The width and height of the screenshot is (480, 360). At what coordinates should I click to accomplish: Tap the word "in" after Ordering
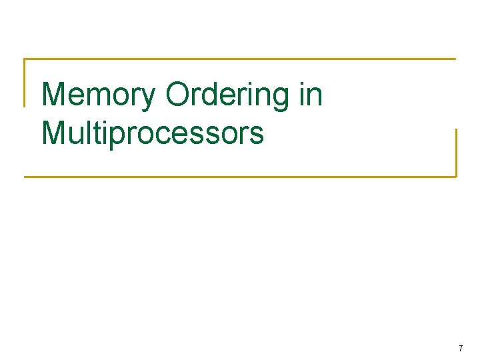point(311,95)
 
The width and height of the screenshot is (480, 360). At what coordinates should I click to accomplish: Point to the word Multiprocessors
point(153,133)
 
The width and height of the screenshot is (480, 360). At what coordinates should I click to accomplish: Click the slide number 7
point(460,349)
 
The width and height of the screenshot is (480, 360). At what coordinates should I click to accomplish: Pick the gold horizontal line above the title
point(240,59)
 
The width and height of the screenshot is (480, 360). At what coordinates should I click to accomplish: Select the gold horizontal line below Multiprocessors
point(240,177)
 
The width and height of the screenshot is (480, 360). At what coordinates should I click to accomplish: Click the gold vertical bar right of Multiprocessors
point(456,152)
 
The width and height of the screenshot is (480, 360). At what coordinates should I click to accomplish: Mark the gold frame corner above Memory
point(25,59)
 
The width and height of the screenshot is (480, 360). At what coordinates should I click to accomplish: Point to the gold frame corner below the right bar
point(456,176)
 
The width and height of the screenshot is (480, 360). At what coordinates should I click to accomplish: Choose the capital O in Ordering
point(179,95)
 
